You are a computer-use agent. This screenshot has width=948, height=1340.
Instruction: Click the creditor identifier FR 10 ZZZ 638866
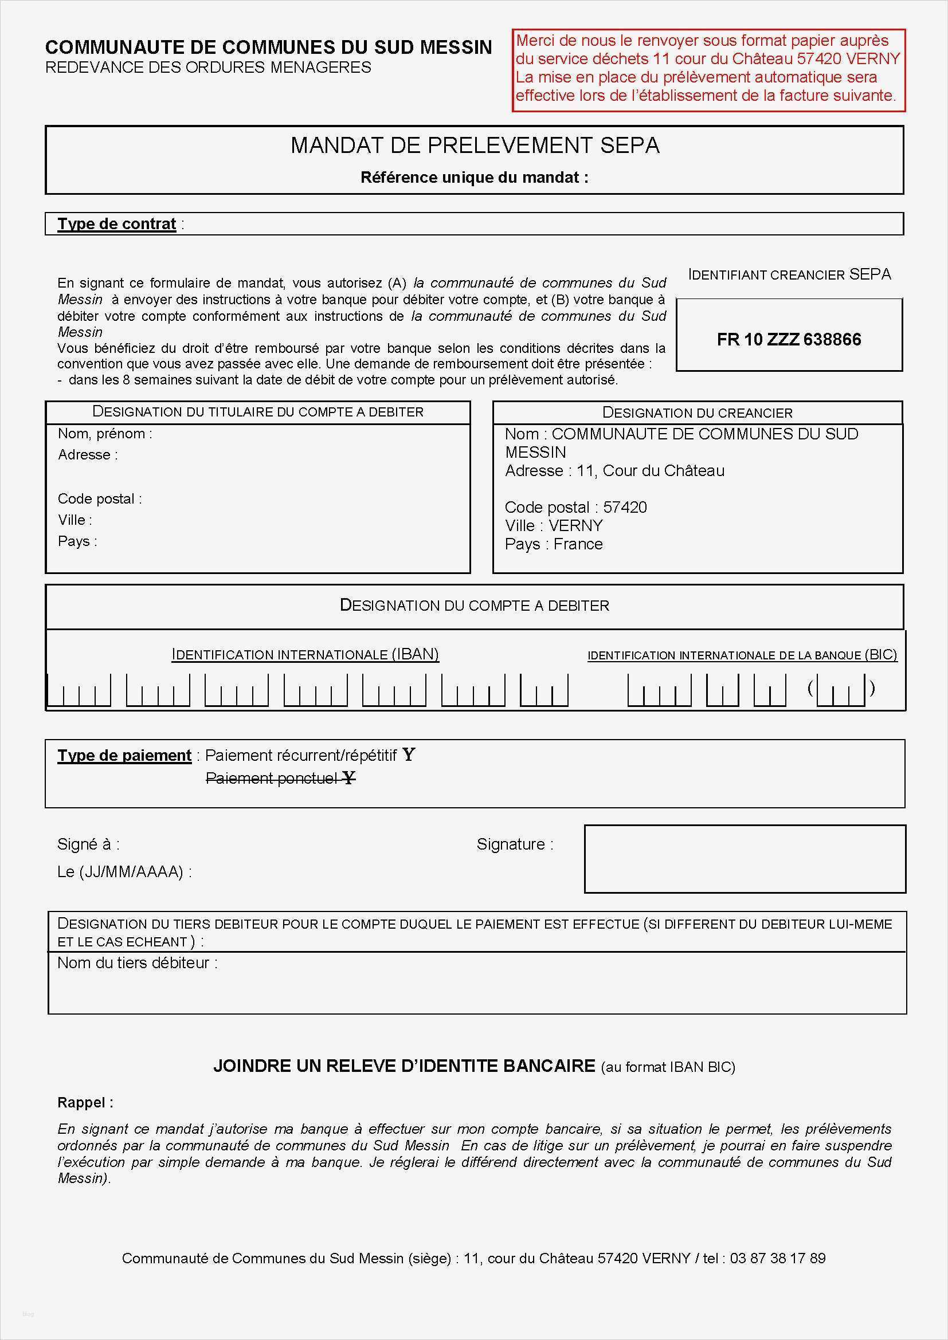point(789,339)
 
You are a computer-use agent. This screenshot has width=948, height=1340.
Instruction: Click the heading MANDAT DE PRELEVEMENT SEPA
point(475,146)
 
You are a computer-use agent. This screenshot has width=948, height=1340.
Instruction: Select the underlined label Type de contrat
point(117,224)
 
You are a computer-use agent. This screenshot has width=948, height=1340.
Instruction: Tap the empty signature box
point(745,859)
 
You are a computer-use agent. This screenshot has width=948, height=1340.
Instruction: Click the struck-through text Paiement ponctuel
point(272,778)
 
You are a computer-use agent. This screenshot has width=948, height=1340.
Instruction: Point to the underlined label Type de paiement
point(124,755)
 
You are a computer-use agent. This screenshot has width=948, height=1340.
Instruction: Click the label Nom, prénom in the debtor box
point(104,434)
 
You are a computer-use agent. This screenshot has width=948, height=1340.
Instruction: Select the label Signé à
point(88,844)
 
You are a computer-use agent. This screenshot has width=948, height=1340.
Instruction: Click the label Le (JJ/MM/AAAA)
point(124,872)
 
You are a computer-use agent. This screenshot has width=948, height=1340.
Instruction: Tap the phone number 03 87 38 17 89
point(777,1258)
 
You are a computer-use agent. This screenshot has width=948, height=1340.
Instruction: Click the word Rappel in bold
point(85,1102)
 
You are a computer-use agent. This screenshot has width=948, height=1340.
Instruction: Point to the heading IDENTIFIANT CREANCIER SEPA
point(789,274)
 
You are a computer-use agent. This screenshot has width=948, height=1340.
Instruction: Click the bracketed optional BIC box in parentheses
point(841,690)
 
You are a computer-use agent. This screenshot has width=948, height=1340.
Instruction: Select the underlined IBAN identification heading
point(305,654)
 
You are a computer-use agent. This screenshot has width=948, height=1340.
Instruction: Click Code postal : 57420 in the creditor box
point(575,506)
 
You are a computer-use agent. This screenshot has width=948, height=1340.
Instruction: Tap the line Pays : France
point(554,544)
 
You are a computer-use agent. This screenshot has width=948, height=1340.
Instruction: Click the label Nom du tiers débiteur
point(137,962)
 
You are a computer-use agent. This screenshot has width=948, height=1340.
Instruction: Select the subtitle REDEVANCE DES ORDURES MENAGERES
point(208,68)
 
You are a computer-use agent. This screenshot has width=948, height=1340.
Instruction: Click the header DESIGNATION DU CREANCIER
point(697,412)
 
